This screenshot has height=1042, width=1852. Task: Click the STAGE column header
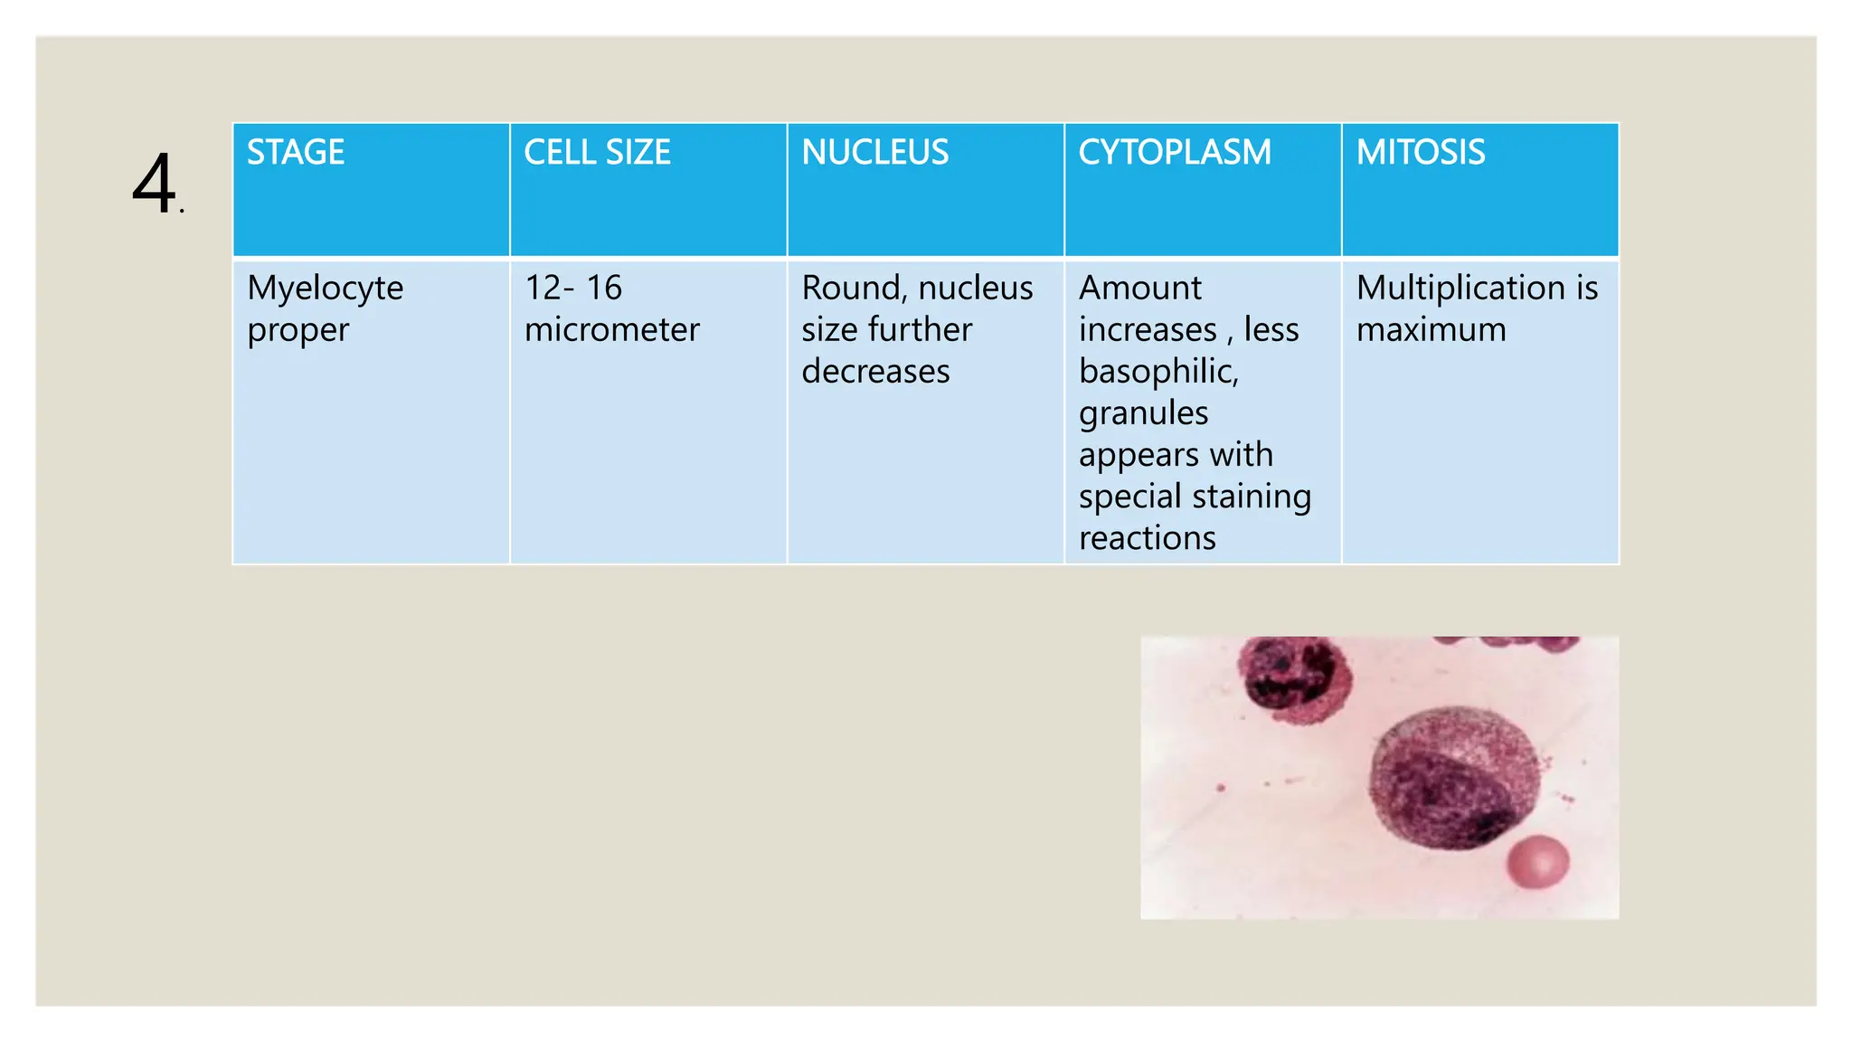click(x=296, y=152)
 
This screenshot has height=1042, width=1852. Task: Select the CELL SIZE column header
click(x=597, y=152)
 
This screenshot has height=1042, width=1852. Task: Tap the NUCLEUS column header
click(x=874, y=152)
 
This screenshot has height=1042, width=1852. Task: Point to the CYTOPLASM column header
click(x=1174, y=152)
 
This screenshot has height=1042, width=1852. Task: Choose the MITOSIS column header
click(x=1420, y=152)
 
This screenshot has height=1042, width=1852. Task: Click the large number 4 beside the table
click(x=154, y=184)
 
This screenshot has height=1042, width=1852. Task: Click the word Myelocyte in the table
click(x=325, y=289)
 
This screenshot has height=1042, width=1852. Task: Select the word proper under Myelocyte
click(x=298, y=331)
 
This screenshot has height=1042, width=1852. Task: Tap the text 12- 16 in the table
click(x=572, y=288)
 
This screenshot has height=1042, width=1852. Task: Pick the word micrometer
click(x=611, y=329)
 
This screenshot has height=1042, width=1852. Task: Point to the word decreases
click(x=874, y=371)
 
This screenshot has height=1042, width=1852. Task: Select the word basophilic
click(x=1157, y=371)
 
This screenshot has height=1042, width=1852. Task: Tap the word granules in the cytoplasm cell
click(x=1143, y=413)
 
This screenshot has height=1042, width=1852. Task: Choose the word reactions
click(x=1147, y=538)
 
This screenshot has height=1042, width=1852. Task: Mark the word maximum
click(x=1431, y=329)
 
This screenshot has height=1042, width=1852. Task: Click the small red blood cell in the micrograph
click(x=1536, y=861)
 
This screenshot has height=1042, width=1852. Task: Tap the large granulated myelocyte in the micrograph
click(x=1453, y=778)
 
